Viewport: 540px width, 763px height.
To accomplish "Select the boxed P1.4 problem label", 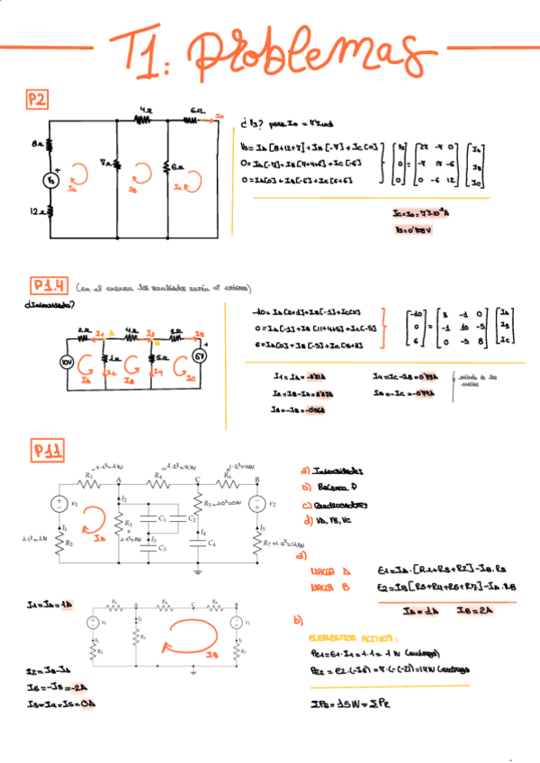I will [48, 287].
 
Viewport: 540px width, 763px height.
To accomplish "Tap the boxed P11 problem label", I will [47, 450].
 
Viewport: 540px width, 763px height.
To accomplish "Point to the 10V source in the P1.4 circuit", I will [66, 362].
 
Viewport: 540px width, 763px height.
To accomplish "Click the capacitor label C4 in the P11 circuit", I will [211, 543].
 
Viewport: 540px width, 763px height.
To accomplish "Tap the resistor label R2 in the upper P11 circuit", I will [69, 543].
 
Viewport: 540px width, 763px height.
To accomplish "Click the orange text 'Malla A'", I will [322, 570].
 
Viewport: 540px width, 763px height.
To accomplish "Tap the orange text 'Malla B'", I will [322, 587].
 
